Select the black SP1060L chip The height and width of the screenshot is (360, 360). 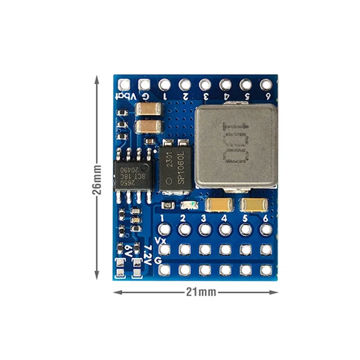point(175,167)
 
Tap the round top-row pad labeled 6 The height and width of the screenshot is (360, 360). point(266,84)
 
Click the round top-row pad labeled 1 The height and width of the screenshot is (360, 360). point(165,84)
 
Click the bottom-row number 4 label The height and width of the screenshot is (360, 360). point(224,218)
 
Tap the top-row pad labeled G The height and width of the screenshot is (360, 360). point(144,84)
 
